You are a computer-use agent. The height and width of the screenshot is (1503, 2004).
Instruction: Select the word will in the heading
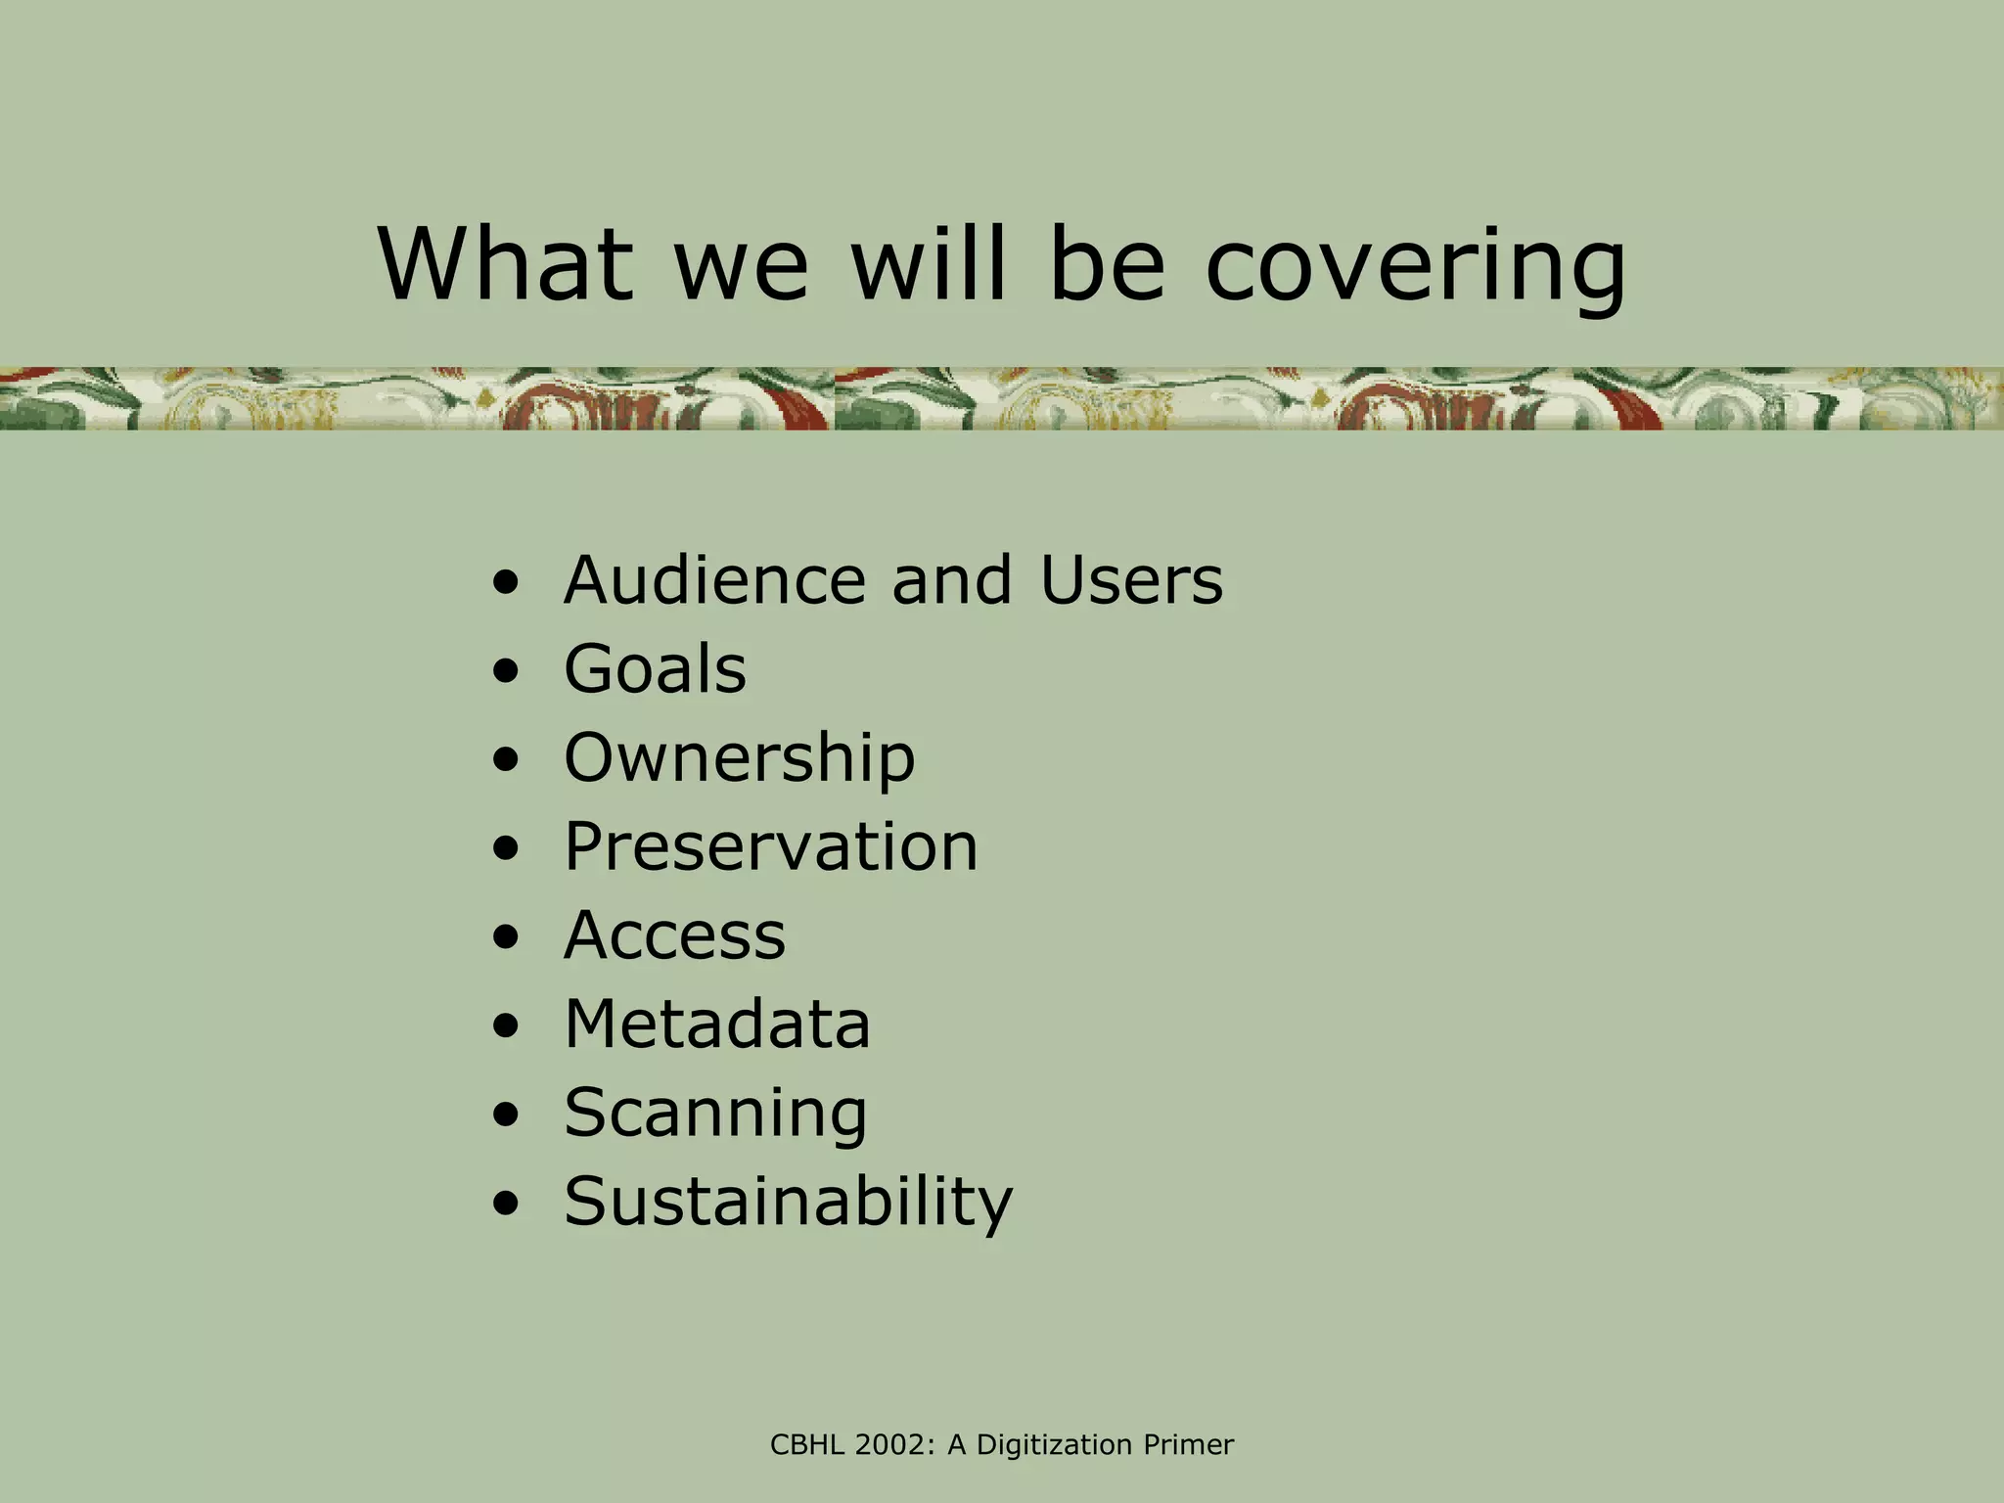pyautogui.click(x=928, y=264)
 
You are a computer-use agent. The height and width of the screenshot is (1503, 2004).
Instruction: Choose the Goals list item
pyautogui.click(x=655, y=669)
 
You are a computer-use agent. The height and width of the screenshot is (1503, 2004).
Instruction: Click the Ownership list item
pyautogui.click(x=739, y=758)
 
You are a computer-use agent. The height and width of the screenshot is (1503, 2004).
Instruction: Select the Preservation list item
pyautogui.click(x=770, y=846)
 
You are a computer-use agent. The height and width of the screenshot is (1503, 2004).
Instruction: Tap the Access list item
pyautogui.click(x=674, y=935)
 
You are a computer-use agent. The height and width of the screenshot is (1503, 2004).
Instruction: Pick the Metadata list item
pyautogui.click(x=716, y=1025)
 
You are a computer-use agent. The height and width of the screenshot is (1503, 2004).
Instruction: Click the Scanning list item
pyautogui.click(x=715, y=1114)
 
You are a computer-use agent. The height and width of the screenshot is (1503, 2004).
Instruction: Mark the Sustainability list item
pyautogui.click(x=788, y=1202)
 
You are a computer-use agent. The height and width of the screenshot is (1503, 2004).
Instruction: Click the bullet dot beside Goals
pyautogui.click(x=506, y=673)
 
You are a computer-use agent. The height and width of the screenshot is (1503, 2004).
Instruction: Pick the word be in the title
pyautogui.click(x=1106, y=264)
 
